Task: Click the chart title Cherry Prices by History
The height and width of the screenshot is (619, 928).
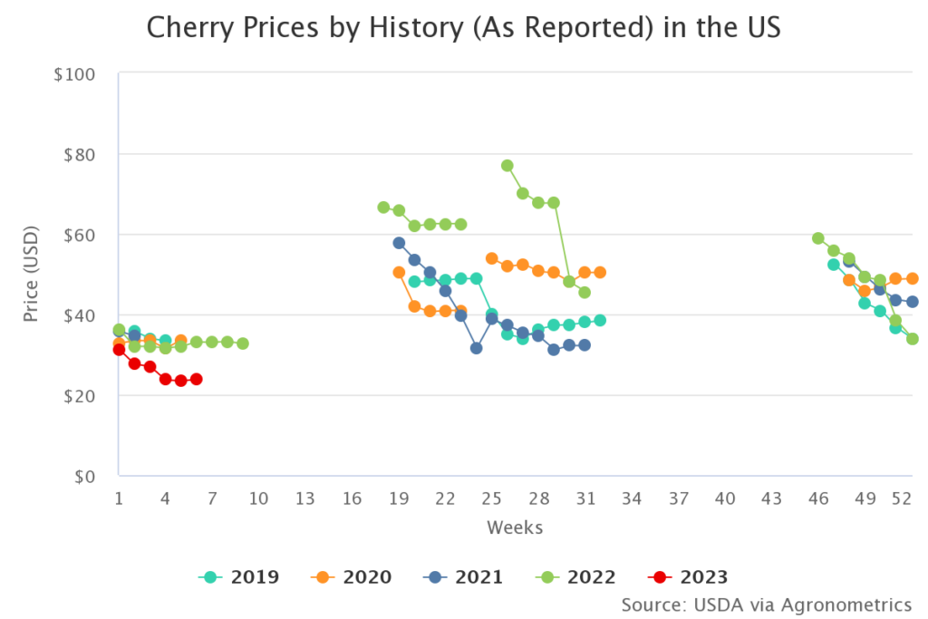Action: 463,29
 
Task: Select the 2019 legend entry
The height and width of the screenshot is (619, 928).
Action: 240,577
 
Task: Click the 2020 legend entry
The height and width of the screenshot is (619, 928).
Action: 353,577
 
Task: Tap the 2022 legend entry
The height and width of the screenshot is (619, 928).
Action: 577,577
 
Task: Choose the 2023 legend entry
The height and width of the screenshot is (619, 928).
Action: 690,577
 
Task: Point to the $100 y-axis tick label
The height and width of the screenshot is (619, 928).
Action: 75,73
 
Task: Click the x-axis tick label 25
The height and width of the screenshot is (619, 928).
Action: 491,498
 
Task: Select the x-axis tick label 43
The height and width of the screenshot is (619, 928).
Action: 771,498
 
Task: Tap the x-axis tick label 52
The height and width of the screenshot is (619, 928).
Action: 902,498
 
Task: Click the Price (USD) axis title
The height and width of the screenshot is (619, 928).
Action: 31,276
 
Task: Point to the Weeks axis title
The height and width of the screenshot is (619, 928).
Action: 515,527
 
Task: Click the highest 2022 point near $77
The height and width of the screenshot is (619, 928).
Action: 507,166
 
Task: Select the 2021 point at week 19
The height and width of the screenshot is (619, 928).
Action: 399,243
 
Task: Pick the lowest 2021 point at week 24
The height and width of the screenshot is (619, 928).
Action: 476,348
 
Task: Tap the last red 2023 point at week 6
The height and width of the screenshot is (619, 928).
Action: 196,379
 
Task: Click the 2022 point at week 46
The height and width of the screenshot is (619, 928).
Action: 818,238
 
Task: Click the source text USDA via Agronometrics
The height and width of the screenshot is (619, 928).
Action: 766,604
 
